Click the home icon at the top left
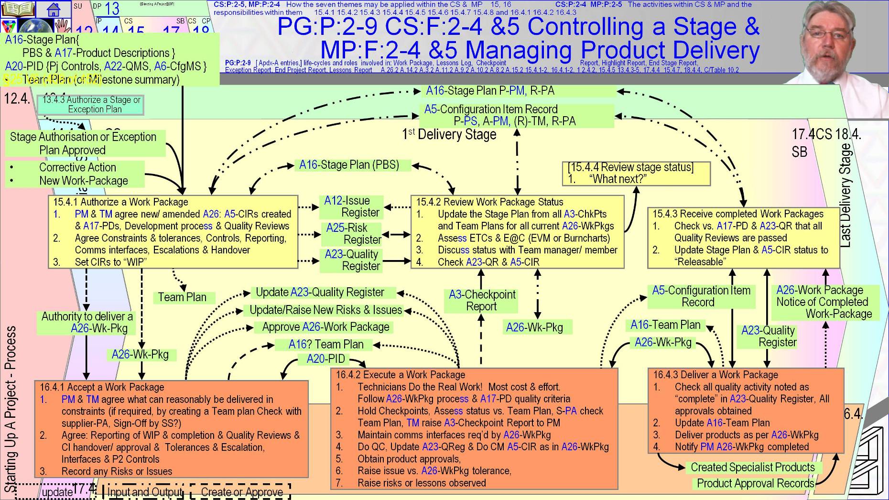pos(54,8)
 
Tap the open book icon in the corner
pos(18,8)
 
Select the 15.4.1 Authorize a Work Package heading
pos(120,202)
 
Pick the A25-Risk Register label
pos(353,233)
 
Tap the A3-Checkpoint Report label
pos(482,300)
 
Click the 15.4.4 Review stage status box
pos(636,173)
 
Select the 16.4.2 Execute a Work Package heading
pos(400,375)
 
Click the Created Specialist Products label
pos(752,467)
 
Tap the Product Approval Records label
pos(755,483)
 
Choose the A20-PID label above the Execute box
pos(325,359)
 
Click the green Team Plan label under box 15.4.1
pos(182,297)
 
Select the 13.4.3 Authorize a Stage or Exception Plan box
pos(91,104)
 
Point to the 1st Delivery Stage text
pos(449,134)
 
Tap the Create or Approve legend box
pos(241,492)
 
